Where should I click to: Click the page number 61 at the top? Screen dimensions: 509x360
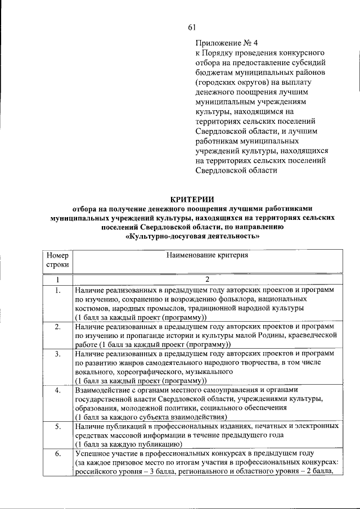tap(192, 28)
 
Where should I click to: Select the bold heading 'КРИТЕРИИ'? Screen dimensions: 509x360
tap(193, 198)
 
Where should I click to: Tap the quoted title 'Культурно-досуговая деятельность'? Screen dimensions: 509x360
tap(193, 236)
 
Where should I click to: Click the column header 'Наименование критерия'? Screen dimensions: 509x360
tap(206, 255)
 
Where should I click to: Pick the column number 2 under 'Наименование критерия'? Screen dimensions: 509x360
tap(206, 280)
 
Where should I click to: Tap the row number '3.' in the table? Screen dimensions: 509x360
tap(58, 354)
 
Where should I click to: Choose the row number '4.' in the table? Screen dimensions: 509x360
tap(58, 390)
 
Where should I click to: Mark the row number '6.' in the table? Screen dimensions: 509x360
tap(58, 453)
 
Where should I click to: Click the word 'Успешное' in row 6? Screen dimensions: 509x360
tap(92, 453)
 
